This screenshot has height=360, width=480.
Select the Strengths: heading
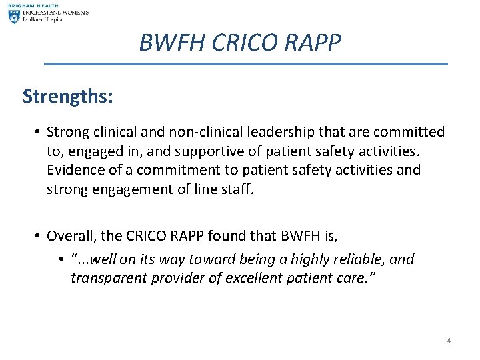point(67,96)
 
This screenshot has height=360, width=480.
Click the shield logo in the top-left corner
point(13,17)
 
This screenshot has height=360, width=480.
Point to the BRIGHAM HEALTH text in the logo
point(33,5)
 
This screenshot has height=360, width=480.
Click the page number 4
point(449,341)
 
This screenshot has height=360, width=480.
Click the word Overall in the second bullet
point(71,235)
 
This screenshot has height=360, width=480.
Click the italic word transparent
point(109,277)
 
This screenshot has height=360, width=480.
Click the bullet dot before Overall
point(39,235)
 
